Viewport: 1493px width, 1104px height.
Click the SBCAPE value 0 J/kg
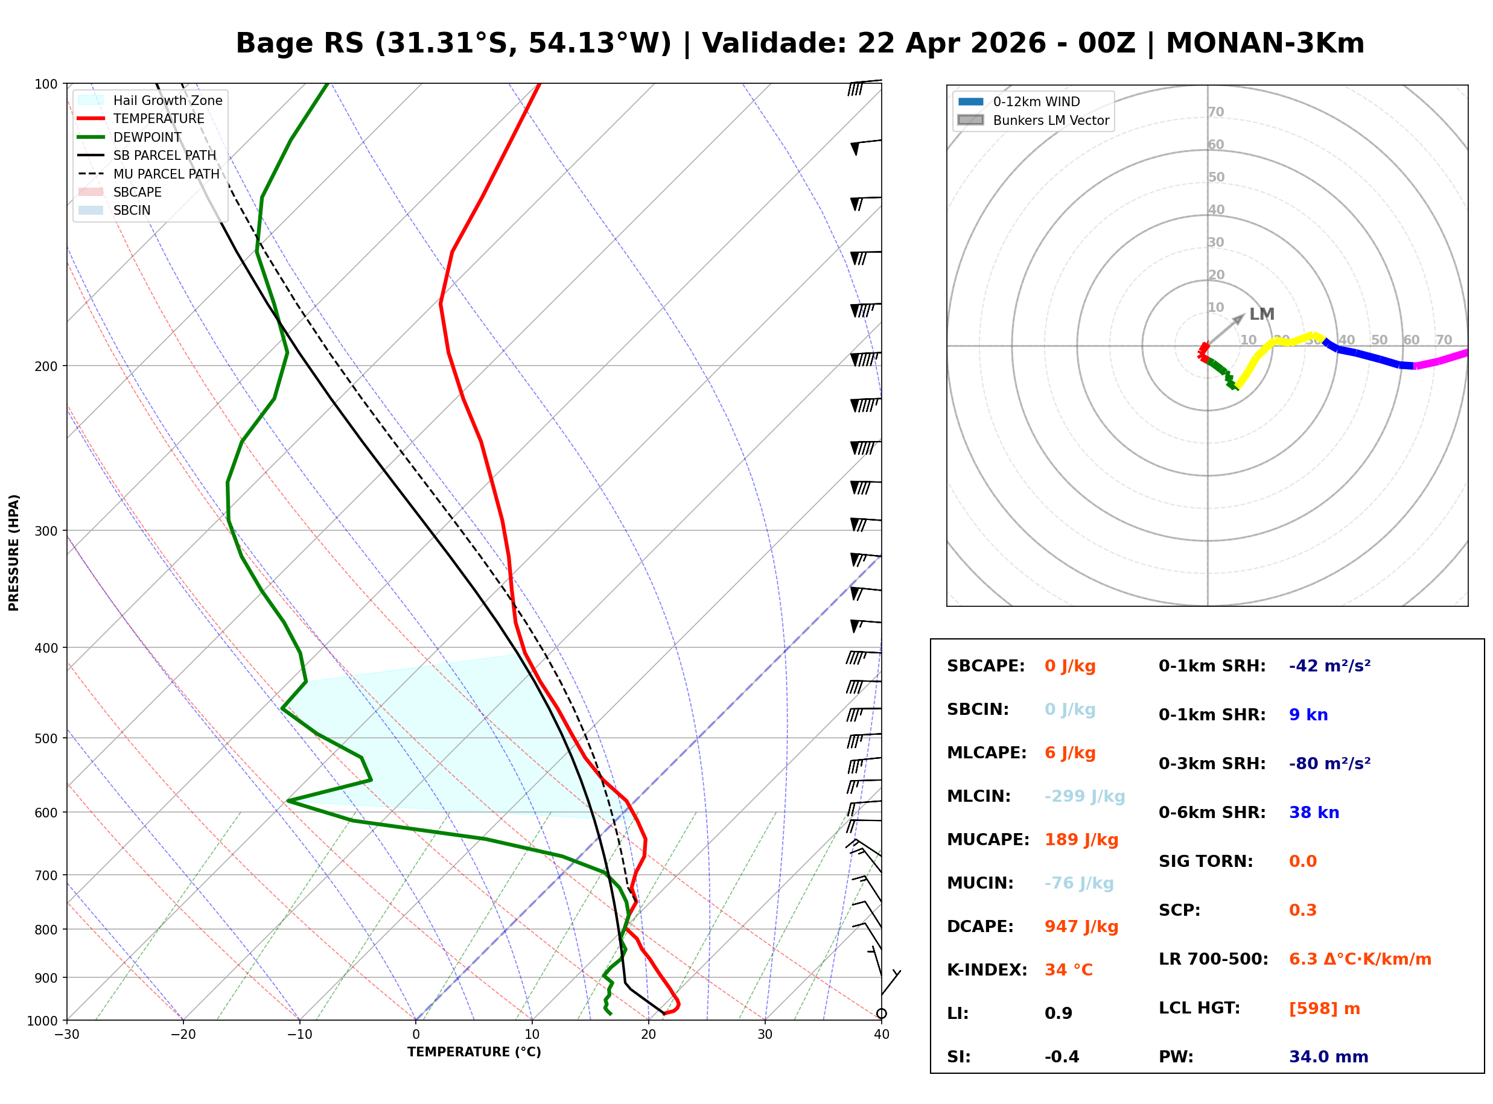1069,666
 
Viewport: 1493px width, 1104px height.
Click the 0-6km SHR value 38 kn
1313,813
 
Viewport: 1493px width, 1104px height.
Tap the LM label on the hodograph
1261,314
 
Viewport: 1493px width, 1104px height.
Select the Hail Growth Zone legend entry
167,101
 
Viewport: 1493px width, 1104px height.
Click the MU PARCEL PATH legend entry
166,174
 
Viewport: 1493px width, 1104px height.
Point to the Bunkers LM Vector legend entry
1050,120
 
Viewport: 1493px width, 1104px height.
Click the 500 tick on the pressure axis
45,738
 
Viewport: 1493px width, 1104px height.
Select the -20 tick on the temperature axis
183,1035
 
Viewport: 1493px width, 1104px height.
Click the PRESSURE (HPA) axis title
14,553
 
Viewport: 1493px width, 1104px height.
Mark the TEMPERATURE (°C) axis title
474,1053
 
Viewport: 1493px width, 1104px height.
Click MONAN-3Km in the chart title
1264,43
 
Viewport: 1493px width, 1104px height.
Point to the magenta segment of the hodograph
1440,360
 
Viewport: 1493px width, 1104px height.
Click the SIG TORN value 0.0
1302,862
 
